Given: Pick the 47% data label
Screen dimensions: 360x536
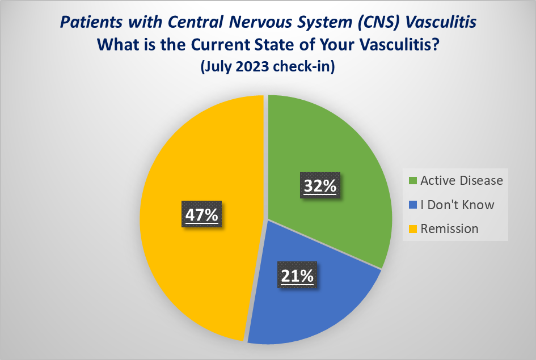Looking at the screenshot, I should pos(202,215).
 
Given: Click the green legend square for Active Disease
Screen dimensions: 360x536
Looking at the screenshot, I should pos(412,181).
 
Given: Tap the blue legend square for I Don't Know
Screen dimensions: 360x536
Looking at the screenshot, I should pos(412,205).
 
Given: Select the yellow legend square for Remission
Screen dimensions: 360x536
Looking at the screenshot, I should pos(412,229).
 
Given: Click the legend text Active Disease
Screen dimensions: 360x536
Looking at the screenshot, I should pos(461,181).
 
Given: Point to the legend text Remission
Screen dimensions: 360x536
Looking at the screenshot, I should pos(449,229).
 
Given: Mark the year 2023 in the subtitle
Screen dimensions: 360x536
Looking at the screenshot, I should pos(248,66).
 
